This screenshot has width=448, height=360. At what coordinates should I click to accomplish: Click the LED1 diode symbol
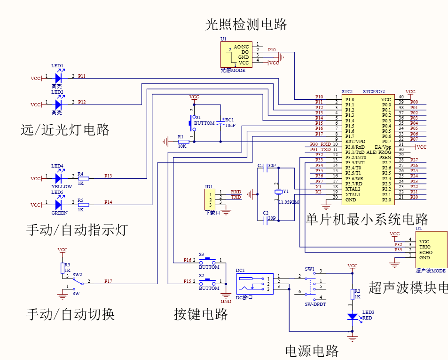[58, 78]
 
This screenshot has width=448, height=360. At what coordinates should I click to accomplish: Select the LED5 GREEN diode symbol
[58, 205]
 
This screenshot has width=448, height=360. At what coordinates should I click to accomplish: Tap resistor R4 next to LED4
[84, 178]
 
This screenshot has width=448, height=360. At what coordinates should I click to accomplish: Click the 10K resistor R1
[183, 141]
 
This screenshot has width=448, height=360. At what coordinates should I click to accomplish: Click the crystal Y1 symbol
[278, 192]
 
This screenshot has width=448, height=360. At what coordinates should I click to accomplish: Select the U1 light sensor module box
[236, 55]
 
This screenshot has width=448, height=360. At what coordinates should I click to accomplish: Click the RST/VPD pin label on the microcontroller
[355, 141]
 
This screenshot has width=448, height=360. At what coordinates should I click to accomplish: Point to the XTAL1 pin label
[353, 194]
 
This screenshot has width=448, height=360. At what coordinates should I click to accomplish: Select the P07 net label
[414, 139]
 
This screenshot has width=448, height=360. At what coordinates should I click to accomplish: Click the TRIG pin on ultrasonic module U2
[424, 247]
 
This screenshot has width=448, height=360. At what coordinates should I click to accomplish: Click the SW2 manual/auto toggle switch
[77, 281]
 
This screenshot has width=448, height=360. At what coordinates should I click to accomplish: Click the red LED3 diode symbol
[353, 317]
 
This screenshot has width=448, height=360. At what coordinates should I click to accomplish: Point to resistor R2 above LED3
[353, 294]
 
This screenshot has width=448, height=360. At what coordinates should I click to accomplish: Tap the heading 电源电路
[312, 351]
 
